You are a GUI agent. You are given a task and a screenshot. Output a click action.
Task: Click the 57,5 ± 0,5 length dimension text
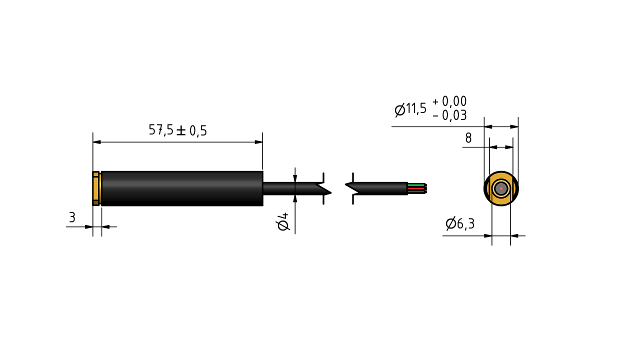click(x=177, y=130)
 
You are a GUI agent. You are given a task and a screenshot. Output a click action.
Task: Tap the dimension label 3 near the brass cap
click(x=72, y=217)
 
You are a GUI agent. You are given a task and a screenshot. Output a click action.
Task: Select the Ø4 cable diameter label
click(x=283, y=221)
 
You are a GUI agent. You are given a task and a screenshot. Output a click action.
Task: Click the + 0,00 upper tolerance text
click(x=449, y=101)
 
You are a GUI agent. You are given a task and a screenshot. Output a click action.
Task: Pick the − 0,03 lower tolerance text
click(x=449, y=115)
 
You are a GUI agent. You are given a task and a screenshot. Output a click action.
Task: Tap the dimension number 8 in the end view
click(x=468, y=138)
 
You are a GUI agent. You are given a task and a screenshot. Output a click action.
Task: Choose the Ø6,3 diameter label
click(x=460, y=223)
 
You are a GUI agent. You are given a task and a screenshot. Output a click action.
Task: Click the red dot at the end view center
click(x=501, y=188)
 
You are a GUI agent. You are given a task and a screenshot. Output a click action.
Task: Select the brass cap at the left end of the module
click(x=96, y=188)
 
